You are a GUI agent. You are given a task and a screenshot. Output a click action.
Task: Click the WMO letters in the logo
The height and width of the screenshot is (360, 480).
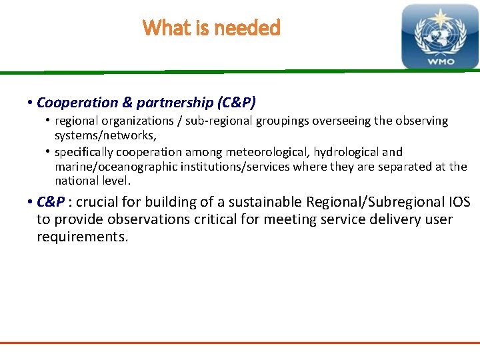point(440,61)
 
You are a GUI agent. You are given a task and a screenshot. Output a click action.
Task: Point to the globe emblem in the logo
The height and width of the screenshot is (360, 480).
point(440,34)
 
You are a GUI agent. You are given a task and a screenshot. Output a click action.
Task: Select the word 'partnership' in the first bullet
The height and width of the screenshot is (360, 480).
point(174,103)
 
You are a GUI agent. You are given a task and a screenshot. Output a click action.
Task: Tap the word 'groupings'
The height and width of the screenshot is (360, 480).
point(273,121)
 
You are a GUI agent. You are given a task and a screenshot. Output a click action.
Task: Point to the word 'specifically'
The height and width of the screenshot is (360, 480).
point(87,152)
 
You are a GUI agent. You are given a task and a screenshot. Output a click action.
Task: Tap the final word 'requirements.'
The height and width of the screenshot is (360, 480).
point(82,237)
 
